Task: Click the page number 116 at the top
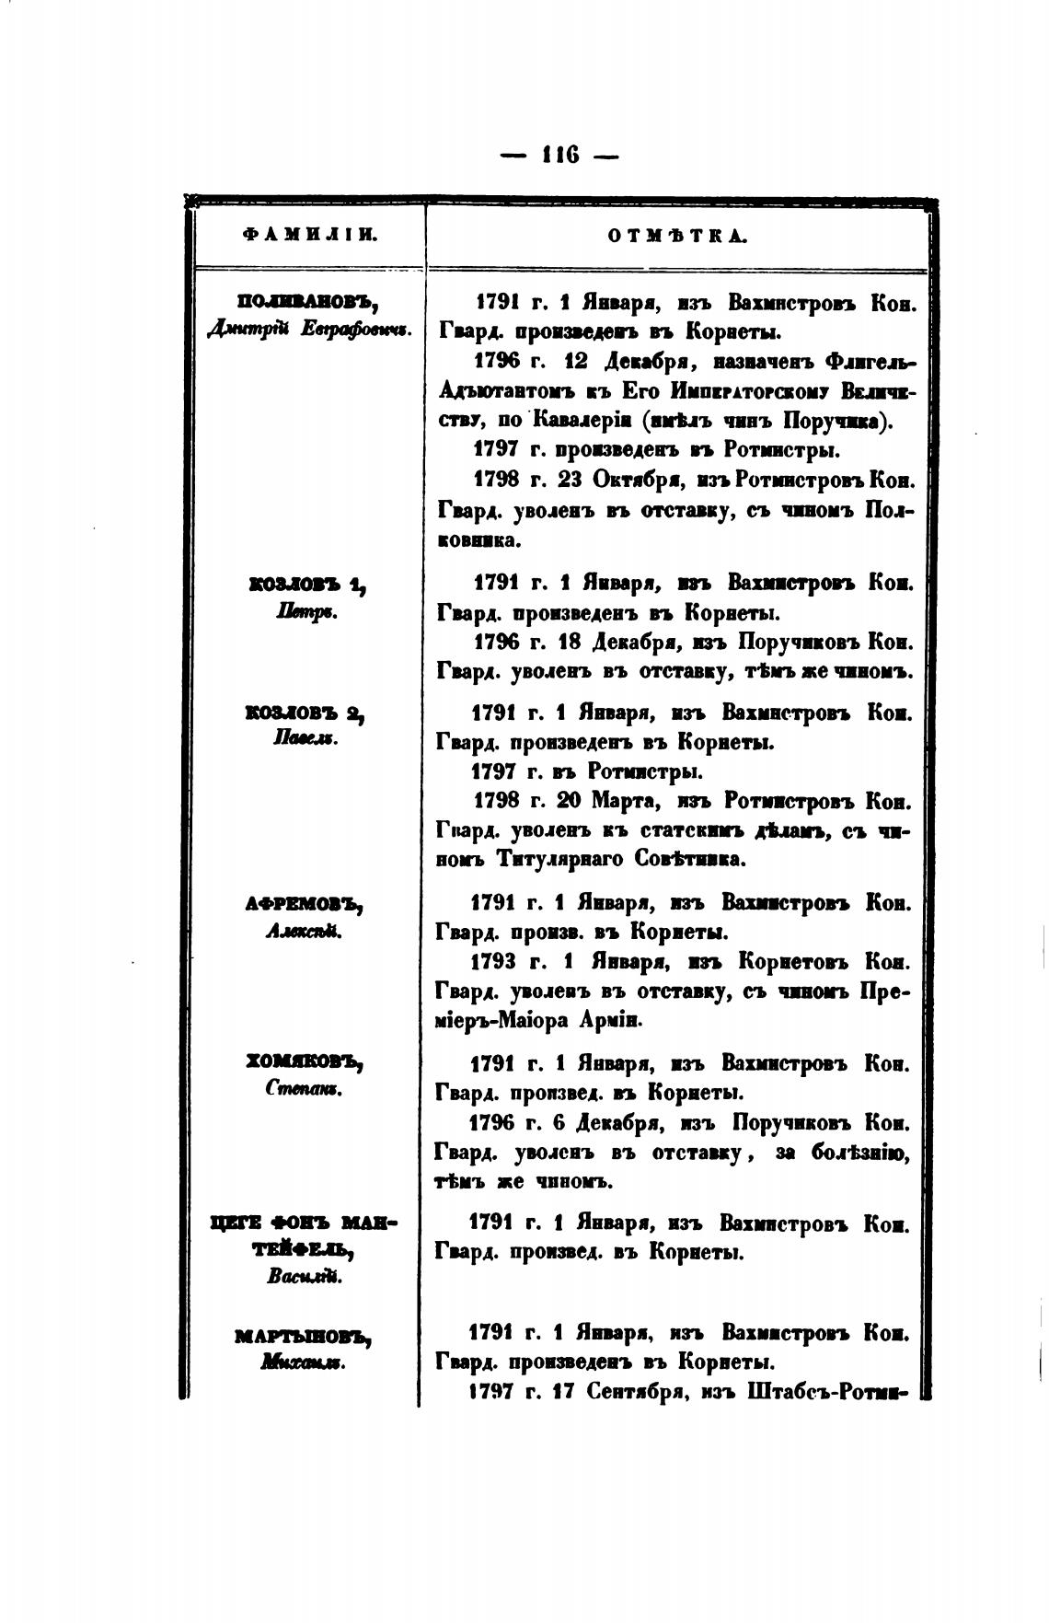[560, 156]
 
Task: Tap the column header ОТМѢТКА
[677, 236]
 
